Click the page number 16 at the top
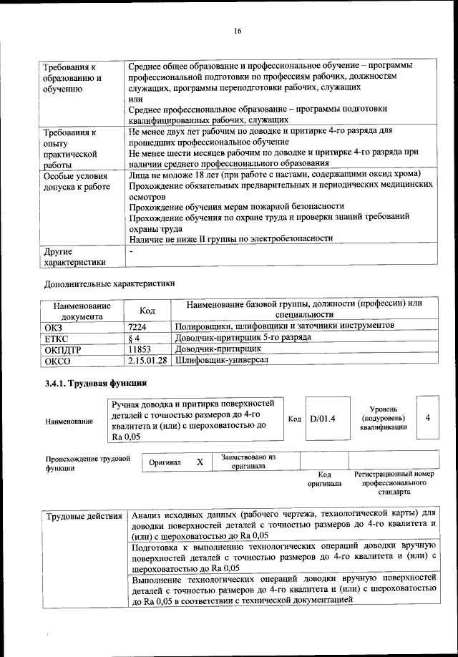pyautogui.click(x=238, y=29)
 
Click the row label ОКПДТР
pyautogui.click(x=62, y=349)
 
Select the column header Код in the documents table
pyautogui.click(x=147, y=309)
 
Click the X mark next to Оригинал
pyautogui.click(x=200, y=462)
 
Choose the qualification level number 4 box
pyautogui.click(x=427, y=417)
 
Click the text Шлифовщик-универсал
pyautogui.click(x=222, y=360)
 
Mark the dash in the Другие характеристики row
pyautogui.click(x=131, y=252)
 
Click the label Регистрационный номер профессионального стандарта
pyautogui.click(x=394, y=483)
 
